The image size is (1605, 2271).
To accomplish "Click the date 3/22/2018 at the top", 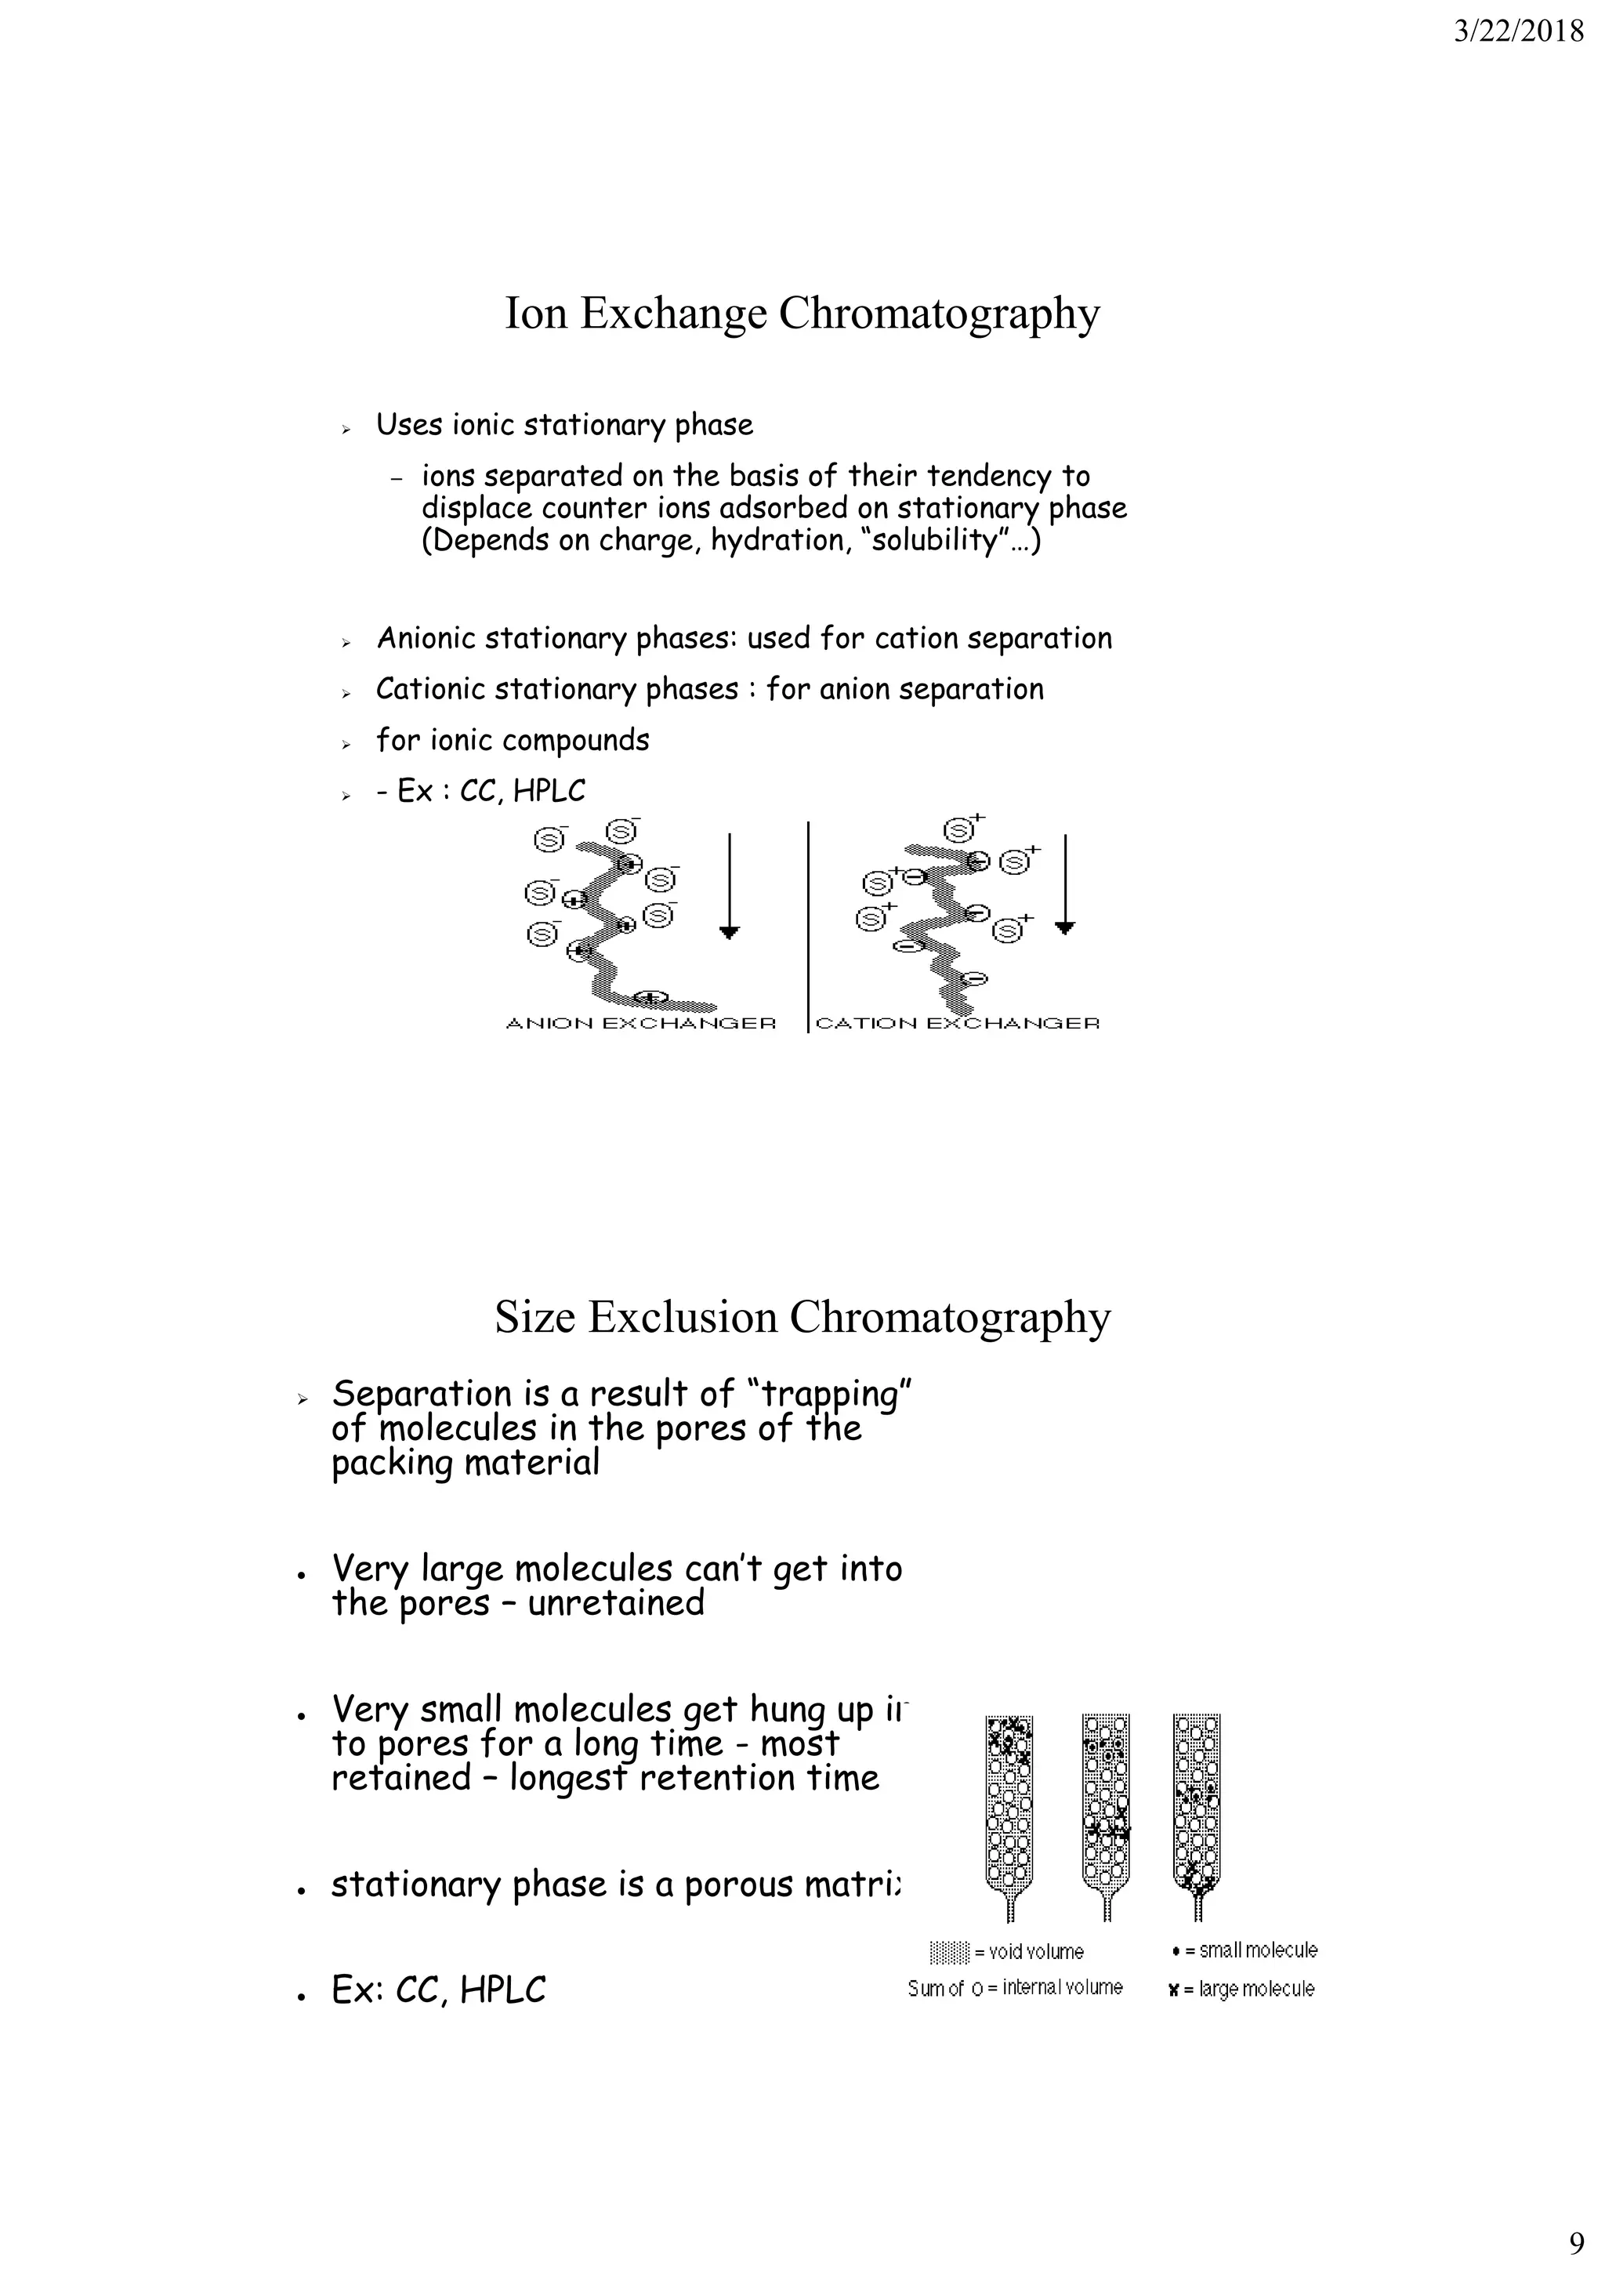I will (1518, 33).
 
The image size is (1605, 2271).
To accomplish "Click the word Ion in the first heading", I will (535, 314).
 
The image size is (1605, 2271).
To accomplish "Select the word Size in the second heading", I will (534, 1318).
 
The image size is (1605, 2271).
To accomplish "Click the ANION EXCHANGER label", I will (641, 1023).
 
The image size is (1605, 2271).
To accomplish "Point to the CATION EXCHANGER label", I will (957, 1023).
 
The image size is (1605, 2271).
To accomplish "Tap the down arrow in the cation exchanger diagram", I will (1065, 885).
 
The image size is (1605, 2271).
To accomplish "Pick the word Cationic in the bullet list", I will (431, 689).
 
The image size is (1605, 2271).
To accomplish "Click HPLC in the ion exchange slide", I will (549, 791).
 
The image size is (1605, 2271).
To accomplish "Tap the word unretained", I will (615, 1602).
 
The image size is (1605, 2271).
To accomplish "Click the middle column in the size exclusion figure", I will (1107, 1805).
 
